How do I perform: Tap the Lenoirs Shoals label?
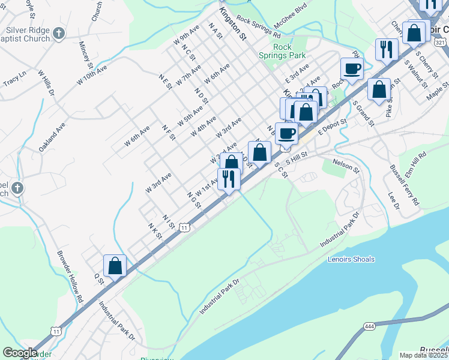tap(351, 259)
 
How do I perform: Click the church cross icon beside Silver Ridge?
tap(58, 32)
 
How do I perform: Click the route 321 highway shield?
tap(441, 42)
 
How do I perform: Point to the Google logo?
tap(20, 353)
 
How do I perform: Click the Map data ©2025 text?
tap(423, 355)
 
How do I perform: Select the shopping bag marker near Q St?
tap(115, 266)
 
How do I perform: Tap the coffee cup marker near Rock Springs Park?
tap(351, 68)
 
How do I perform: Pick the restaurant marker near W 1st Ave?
tap(229, 179)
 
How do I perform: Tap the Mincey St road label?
tap(86, 55)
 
